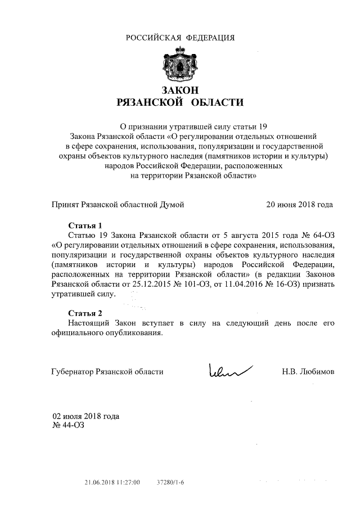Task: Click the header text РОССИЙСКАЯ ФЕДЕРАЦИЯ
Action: point(179,38)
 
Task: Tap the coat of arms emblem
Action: point(179,64)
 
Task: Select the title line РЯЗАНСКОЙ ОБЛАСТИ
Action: point(179,102)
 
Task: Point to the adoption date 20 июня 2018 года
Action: point(299,204)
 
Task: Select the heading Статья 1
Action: point(85,225)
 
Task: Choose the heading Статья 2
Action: point(85,313)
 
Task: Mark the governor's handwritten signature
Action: point(229,370)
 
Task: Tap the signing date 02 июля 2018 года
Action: point(85,417)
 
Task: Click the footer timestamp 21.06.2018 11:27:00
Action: point(112,483)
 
